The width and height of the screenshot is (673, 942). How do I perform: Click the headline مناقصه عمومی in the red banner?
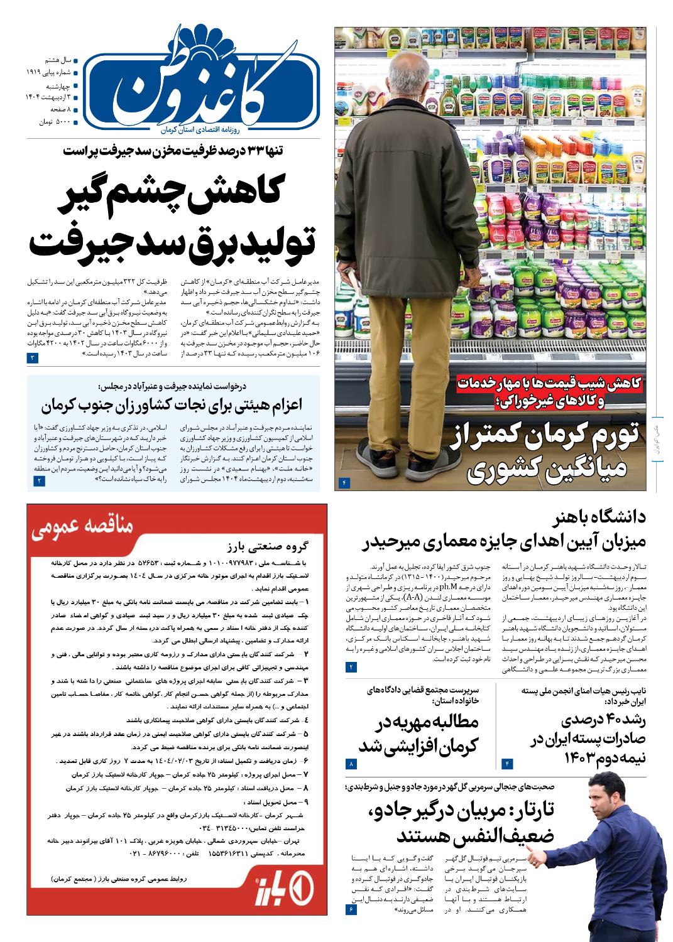click(x=82, y=526)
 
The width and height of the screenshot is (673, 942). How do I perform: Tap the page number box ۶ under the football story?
click(x=351, y=909)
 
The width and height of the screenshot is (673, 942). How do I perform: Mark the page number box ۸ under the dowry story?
click(x=351, y=764)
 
